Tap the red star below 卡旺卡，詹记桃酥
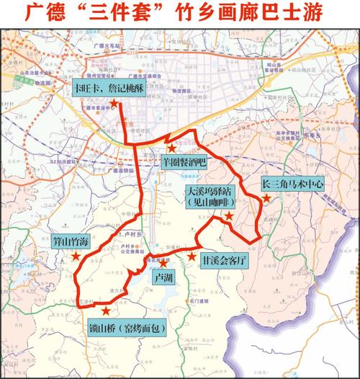[114, 105]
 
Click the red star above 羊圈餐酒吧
[172, 148]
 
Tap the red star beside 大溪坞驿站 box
[229, 215]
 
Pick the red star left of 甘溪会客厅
[192, 256]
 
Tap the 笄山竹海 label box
[70, 242]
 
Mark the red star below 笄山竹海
[75, 257]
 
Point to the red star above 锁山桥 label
[107, 311]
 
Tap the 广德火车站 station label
[107, 45]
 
